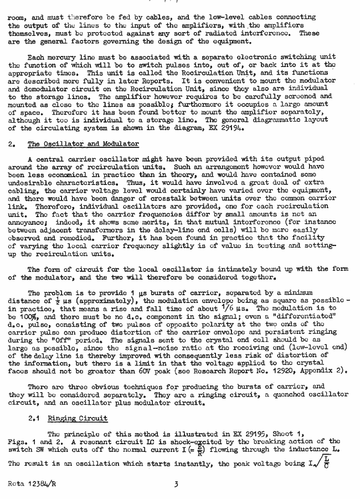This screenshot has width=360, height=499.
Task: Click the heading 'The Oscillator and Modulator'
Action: coord(83,144)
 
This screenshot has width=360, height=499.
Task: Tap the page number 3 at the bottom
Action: coord(176,484)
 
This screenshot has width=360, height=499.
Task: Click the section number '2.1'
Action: coord(35,418)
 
